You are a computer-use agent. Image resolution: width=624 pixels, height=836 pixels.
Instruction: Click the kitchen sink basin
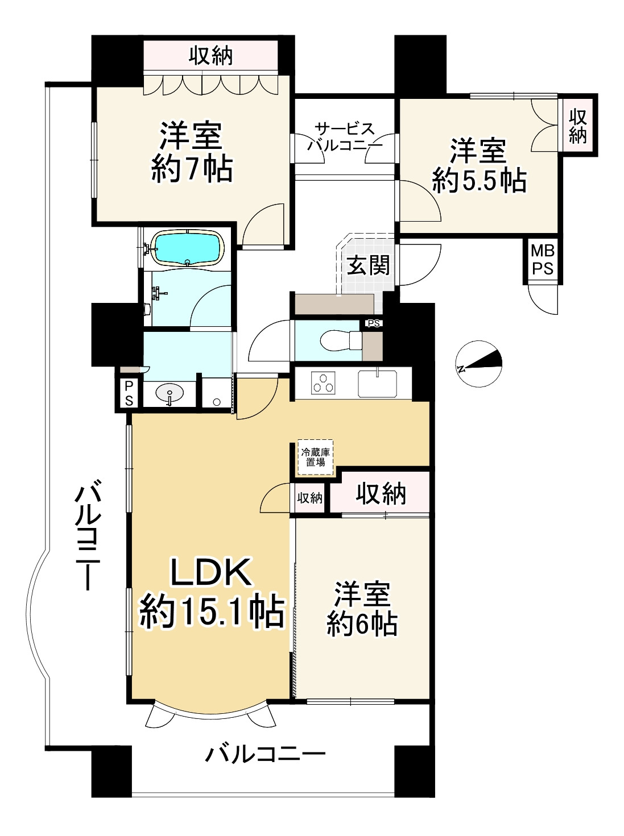point(378,383)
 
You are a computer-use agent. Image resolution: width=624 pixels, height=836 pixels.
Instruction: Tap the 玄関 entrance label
point(368,265)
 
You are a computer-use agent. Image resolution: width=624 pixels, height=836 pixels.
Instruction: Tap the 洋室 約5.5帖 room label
point(478,166)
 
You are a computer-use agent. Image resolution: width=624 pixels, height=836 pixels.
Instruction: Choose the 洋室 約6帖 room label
point(362,609)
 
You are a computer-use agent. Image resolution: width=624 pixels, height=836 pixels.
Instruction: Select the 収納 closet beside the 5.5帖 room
point(577,126)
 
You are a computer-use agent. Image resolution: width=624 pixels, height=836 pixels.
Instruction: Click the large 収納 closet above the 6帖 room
point(381,494)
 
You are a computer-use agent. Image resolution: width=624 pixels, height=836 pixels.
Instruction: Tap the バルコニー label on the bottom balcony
point(266,755)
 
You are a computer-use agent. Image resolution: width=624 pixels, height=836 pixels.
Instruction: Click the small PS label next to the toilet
point(373,324)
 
